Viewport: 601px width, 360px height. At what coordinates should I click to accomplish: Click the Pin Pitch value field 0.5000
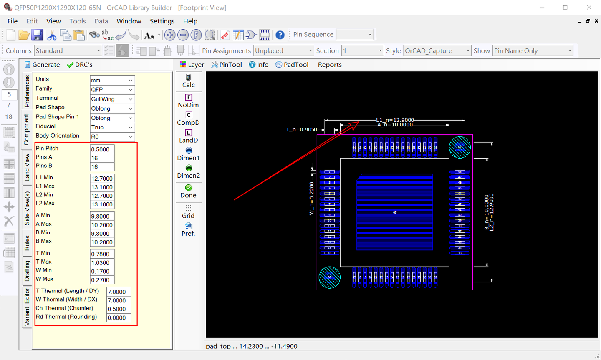tap(102, 149)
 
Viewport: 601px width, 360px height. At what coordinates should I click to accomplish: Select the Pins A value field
tap(102, 158)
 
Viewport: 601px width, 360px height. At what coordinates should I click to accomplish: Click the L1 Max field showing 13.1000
tap(102, 187)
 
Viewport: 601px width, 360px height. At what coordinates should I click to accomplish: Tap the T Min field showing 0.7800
tap(102, 254)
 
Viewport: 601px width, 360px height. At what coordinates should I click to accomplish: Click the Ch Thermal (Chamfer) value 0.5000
tap(119, 309)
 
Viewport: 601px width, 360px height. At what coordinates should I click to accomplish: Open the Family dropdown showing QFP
tap(112, 90)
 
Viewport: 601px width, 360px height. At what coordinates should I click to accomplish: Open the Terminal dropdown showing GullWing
tap(112, 99)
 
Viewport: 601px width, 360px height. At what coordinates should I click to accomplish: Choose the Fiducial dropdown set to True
tap(112, 128)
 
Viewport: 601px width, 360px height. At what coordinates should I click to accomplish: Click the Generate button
tap(42, 65)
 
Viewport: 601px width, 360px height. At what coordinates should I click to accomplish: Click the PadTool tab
tap(292, 65)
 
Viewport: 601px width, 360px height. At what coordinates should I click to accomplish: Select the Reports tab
tap(330, 65)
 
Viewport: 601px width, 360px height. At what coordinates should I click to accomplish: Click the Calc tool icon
tap(188, 81)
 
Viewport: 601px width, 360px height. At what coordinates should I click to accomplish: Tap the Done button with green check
tap(188, 191)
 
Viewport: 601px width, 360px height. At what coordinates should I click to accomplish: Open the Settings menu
tap(162, 21)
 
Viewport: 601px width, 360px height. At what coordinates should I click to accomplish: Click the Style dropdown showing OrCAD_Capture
tap(437, 51)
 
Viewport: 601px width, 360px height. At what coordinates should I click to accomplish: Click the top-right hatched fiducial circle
tap(460, 147)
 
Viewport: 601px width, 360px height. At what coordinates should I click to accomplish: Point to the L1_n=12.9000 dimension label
tap(395, 120)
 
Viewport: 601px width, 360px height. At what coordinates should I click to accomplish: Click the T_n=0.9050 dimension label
tap(301, 130)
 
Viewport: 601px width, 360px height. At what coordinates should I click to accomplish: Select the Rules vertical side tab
tap(27, 243)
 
